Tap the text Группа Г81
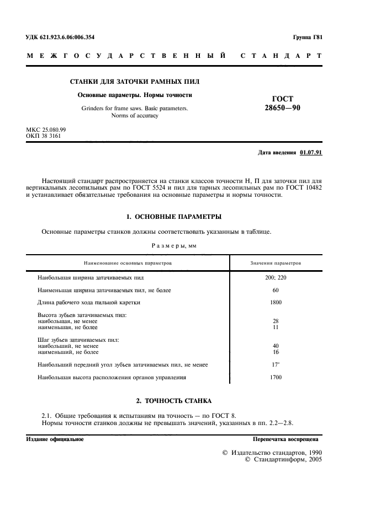(x=308, y=37)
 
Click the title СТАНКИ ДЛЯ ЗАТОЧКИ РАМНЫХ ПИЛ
(x=135, y=82)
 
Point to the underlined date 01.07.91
(x=311, y=152)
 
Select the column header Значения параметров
(x=276, y=264)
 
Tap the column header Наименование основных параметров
(x=128, y=264)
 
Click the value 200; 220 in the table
(x=276, y=277)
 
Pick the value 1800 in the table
(x=276, y=302)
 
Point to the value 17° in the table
(x=276, y=364)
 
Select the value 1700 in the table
(x=276, y=377)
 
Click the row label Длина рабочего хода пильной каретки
(x=89, y=302)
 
